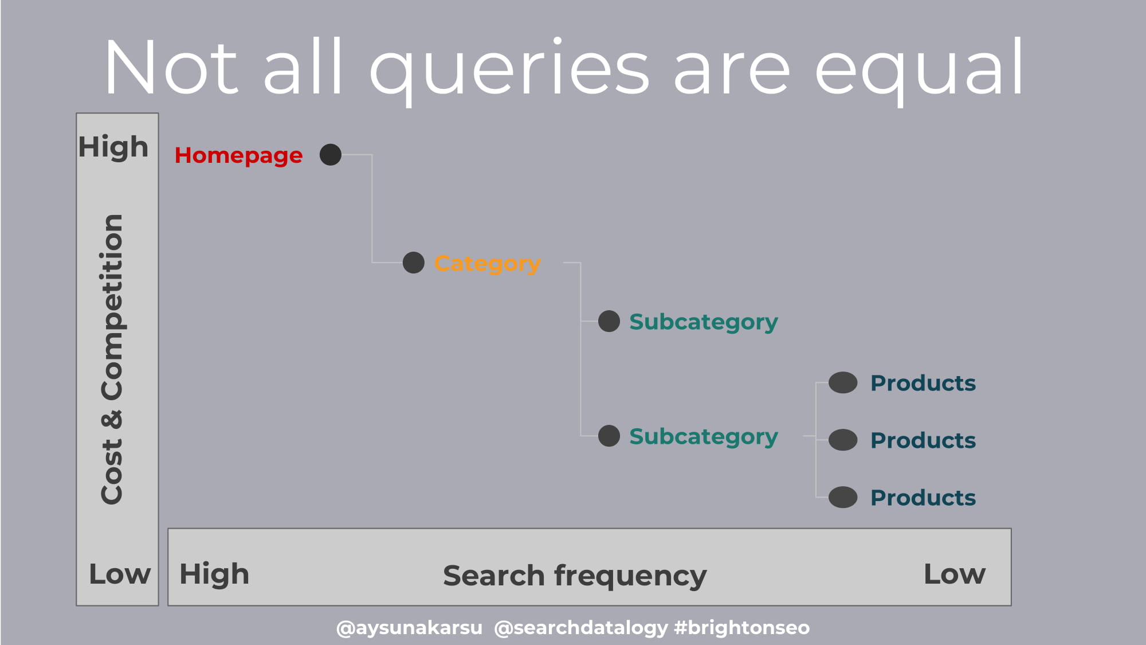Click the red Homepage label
(x=238, y=156)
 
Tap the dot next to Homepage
(x=331, y=154)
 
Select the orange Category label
(x=488, y=264)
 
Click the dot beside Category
(x=414, y=263)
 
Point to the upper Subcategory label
(x=704, y=322)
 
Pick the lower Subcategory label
(x=704, y=437)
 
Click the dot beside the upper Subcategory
(x=609, y=321)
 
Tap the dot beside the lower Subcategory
(x=609, y=436)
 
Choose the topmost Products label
(x=923, y=383)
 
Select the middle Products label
(x=923, y=440)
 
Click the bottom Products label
(x=923, y=498)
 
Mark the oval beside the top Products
(x=843, y=382)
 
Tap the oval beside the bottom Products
(x=843, y=497)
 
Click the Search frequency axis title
(x=575, y=576)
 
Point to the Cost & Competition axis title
(x=112, y=359)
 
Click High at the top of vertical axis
(x=113, y=147)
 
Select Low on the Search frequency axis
(x=955, y=574)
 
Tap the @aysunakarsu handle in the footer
(x=409, y=628)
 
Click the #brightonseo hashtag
(x=742, y=628)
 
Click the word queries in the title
(x=509, y=69)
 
